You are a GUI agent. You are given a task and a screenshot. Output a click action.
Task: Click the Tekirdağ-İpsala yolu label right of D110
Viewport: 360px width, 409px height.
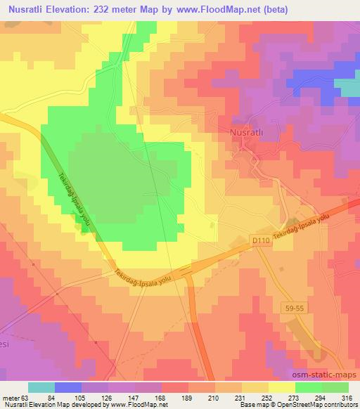tap(302, 231)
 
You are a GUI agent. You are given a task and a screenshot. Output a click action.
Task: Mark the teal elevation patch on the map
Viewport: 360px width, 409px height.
tap(348, 86)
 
